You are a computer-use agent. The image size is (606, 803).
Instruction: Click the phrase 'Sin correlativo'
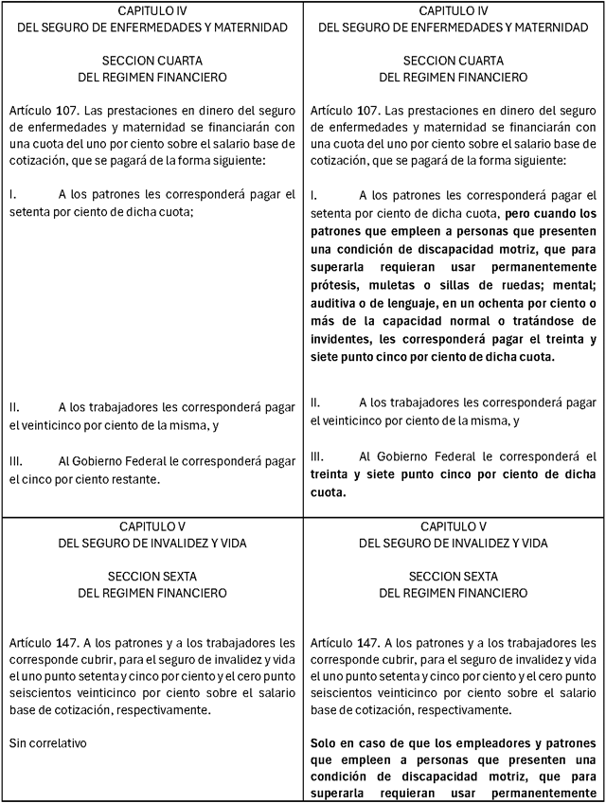[47, 742]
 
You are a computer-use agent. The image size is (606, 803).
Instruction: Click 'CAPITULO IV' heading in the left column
[152, 9]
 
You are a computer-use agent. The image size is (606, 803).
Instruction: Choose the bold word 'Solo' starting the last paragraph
[326, 742]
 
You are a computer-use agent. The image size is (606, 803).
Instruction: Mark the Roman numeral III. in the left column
[15, 461]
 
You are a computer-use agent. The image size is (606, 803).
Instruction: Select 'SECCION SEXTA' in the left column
[152, 576]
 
